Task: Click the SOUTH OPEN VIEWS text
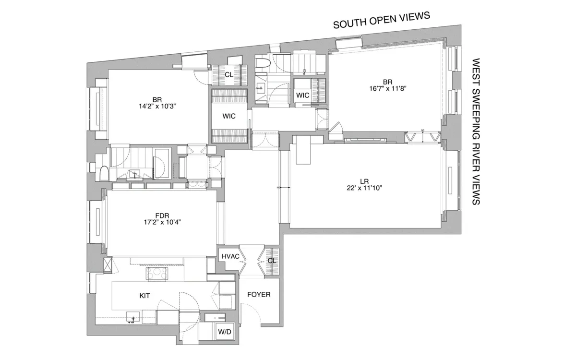(382, 21)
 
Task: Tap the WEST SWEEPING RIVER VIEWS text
(476, 132)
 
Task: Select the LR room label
(364, 181)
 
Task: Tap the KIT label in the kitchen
(144, 296)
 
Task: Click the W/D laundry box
(224, 332)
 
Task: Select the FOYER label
(259, 294)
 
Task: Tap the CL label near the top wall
(228, 75)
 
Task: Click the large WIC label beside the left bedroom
(228, 116)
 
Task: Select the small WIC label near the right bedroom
(302, 95)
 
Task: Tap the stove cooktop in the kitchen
(156, 274)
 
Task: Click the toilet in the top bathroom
(262, 64)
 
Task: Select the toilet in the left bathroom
(104, 173)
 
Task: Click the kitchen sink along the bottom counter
(133, 316)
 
